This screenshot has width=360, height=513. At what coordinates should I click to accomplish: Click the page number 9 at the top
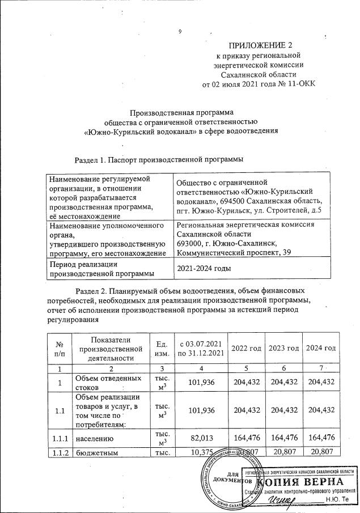click(x=180, y=31)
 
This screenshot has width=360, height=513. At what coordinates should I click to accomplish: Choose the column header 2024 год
click(x=320, y=347)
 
